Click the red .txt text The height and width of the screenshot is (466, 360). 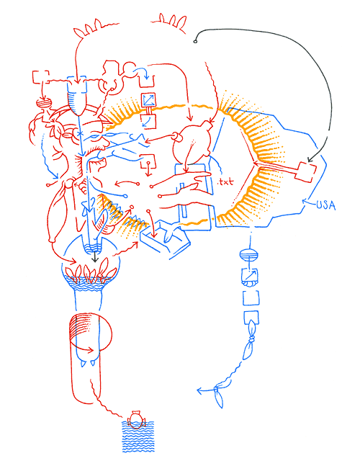[x=226, y=182]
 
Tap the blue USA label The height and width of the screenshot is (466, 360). [x=326, y=205]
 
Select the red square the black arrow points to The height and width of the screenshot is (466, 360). [x=305, y=171]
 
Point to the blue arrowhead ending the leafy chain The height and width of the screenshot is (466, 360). [x=199, y=392]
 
